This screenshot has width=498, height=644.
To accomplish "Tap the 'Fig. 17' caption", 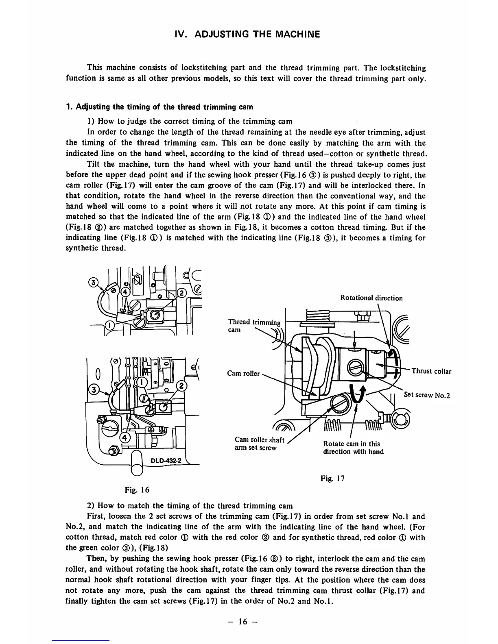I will pyautogui.click(x=332, y=479).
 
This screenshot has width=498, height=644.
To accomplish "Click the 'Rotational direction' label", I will pyautogui.click(x=371, y=298).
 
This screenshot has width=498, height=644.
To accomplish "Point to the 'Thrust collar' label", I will pyautogui.click(x=431, y=371).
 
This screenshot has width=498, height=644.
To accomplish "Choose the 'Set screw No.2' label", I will pyautogui.click(x=427, y=395).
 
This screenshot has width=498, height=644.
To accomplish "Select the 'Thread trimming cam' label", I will pyautogui.click(x=254, y=326).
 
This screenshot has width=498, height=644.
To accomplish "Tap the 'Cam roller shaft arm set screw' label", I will pyautogui.click(x=260, y=444).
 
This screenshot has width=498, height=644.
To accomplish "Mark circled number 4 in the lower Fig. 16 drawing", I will pyautogui.click(x=125, y=437).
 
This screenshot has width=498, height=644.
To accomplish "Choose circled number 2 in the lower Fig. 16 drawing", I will pyautogui.click(x=182, y=386).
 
